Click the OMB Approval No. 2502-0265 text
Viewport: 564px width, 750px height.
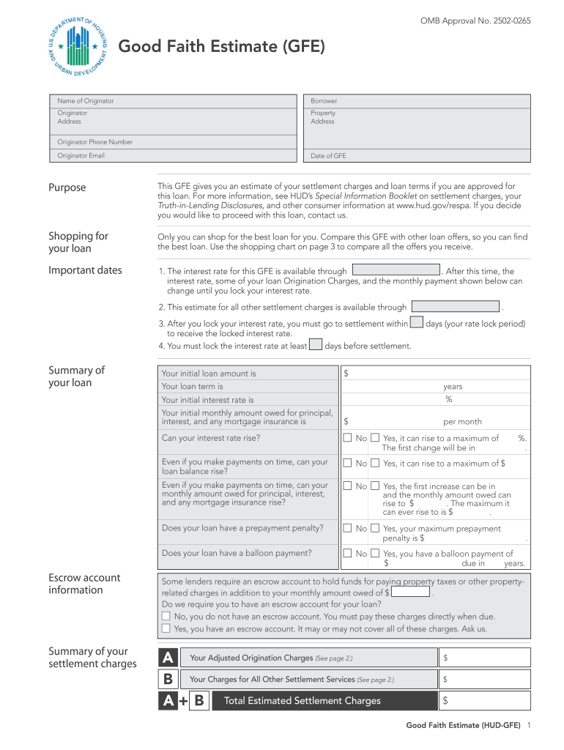pos(475,21)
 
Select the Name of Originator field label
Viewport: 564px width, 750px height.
pos(86,101)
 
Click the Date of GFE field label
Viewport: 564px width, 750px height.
pos(328,156)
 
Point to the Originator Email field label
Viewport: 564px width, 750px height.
pos(81,156)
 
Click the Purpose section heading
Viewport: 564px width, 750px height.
pos(67,187)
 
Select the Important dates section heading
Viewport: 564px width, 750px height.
pos(85,270)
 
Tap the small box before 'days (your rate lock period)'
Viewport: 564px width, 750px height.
pos(416,322)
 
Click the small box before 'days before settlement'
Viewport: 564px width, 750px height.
pos(316,345)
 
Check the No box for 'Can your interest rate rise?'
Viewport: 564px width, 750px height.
pos(347,438)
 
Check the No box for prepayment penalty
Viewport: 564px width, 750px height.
pos(347,528)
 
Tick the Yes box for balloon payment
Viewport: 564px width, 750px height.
pos(375,554)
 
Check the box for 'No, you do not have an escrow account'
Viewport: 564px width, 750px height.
pos(166,617)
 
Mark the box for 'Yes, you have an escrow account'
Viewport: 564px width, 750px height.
pos(166,628)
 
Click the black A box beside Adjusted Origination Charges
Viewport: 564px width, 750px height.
pos(170,657)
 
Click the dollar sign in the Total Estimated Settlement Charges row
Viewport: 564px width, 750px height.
pos(445,701)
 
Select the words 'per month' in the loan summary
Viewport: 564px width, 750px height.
pos(462,421)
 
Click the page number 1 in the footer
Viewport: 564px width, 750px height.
pos(529,725)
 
